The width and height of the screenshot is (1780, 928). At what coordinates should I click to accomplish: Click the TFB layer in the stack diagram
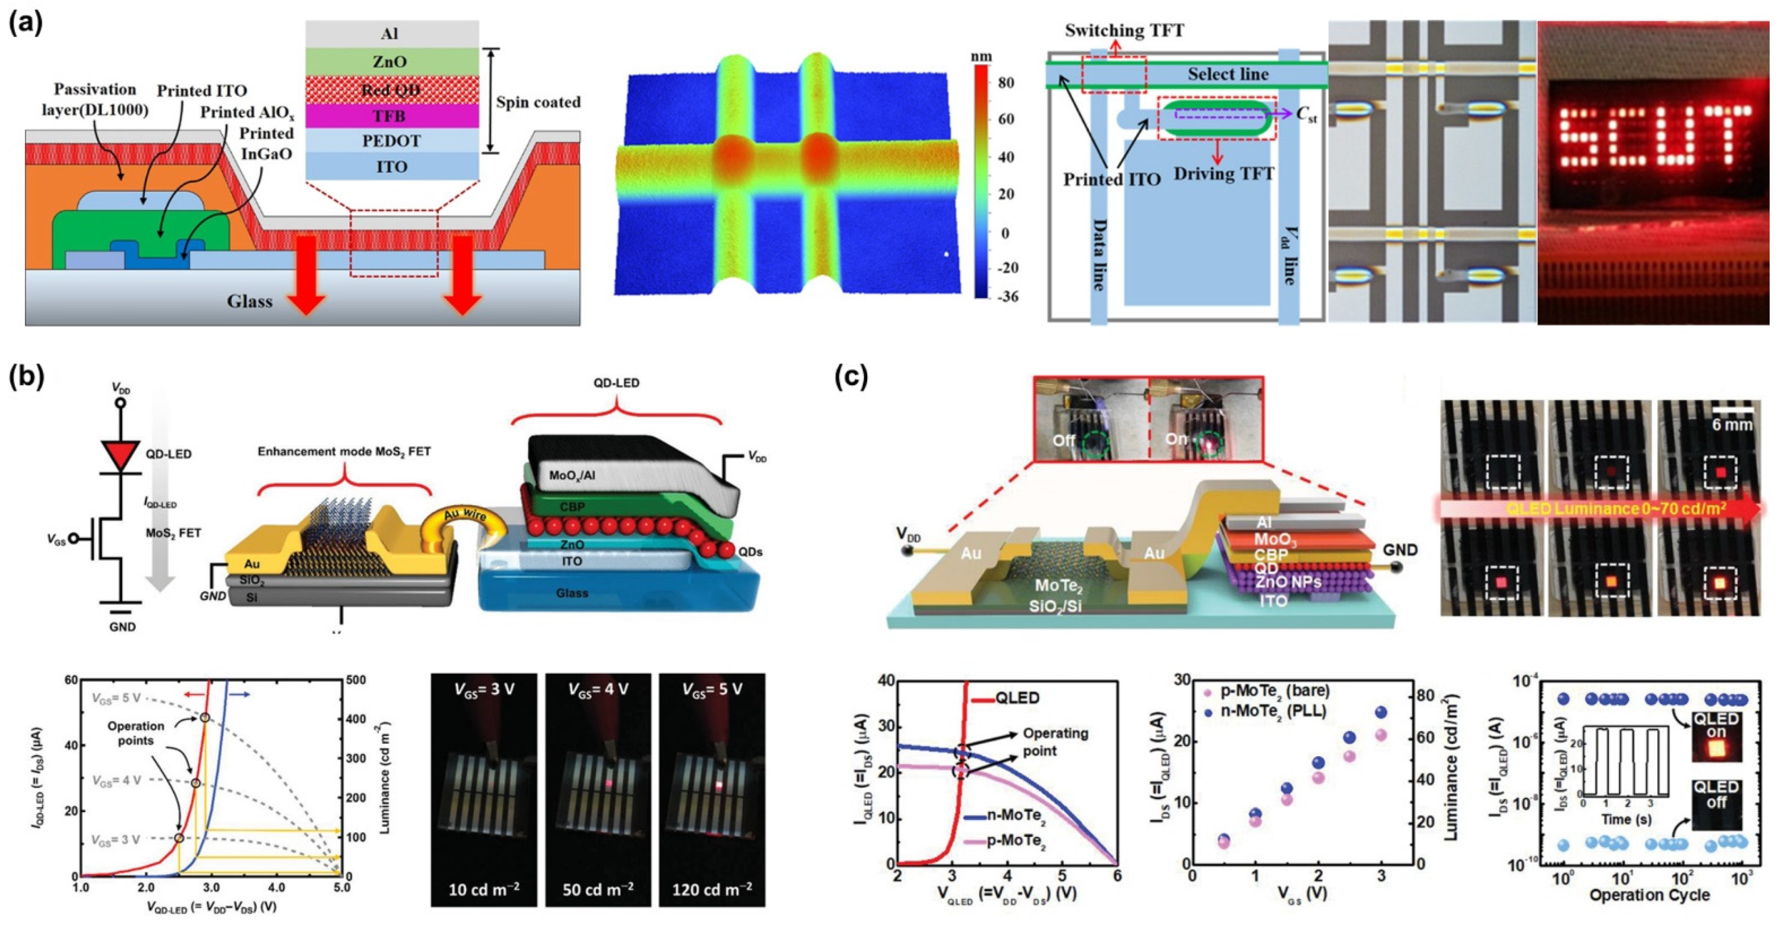(392, 115)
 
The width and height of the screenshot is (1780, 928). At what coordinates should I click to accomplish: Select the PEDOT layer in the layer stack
(392, 141)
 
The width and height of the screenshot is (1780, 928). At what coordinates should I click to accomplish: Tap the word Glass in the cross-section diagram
(250, 301)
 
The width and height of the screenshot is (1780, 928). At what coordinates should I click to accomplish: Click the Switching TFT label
(1124, 31)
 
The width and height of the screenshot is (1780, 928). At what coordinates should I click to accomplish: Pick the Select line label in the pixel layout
(1228, 74)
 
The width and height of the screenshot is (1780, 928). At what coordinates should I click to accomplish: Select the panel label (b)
(27, 377)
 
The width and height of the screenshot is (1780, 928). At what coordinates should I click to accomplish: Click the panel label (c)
(851, 377)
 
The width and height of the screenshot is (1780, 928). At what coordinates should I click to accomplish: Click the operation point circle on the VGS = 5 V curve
(205, 718)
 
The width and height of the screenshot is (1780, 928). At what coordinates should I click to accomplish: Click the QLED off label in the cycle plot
(1716, 794)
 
